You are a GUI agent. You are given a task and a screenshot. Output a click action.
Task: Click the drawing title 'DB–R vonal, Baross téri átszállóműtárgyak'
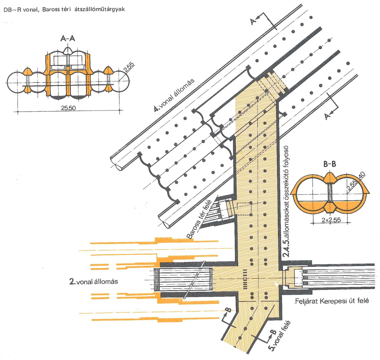[64, 9]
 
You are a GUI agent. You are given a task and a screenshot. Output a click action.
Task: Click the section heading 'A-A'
[68, 39]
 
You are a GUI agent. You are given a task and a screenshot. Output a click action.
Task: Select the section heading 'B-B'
[330, 164]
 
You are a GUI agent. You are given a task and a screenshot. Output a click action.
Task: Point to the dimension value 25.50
[68, 108]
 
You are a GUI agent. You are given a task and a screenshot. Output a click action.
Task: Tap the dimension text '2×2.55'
[331, 220]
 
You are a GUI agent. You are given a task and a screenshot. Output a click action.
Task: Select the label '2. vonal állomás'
[93, 281]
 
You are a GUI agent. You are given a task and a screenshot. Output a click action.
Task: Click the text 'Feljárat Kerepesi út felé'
[332, 301]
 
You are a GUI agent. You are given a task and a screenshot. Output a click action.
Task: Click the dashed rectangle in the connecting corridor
[244, 209]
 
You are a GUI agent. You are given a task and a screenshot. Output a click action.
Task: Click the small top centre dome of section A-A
[68, 50]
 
